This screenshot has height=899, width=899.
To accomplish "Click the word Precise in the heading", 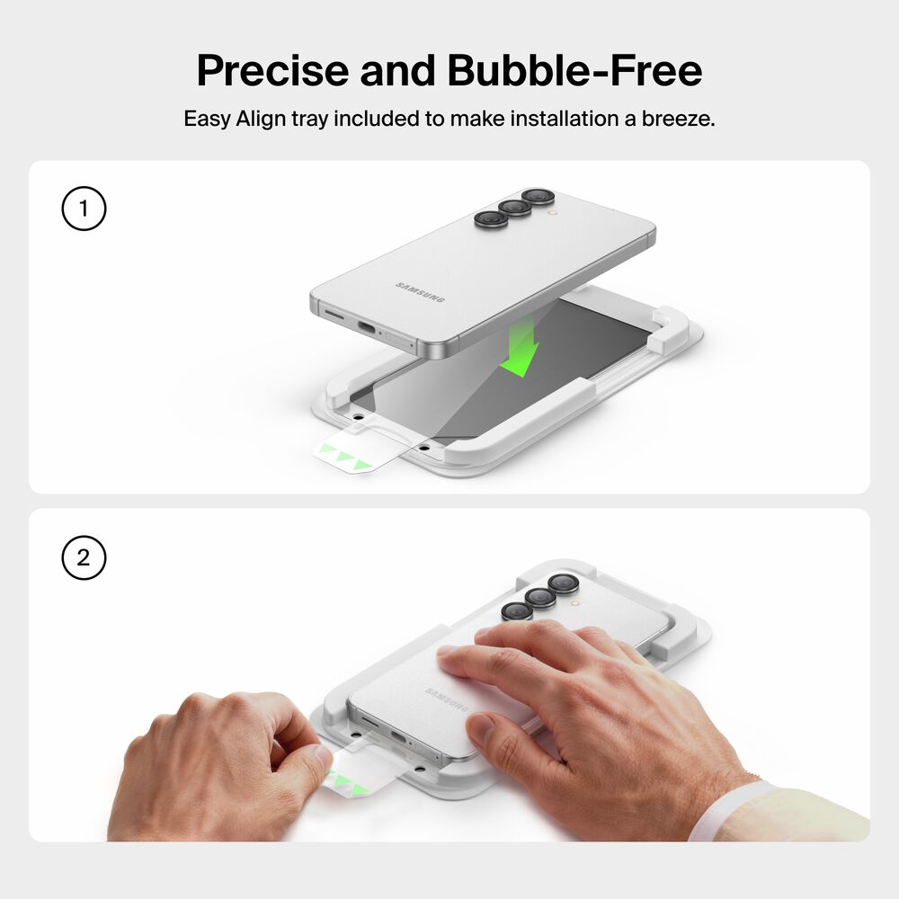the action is pyautogui.click(x=272, y=70).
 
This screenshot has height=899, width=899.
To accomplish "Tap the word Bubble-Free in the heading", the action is pyautogui.click(x=574, y=69).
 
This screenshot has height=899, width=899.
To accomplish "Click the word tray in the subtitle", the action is pyautogui.click(x=309, y=120).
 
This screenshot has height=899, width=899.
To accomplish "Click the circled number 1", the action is pyautogui.click(x=84, y=209).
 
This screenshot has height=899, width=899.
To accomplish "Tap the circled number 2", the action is pyautogui.click(x=84, y=557).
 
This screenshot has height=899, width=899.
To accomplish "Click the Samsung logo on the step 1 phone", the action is pyautogui.click(x=420, y=292).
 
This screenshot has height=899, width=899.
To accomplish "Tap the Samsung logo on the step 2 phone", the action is pyautogui.click(x=447, y=699).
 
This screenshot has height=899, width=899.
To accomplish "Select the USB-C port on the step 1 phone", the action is pyautogui.click(x=367, y=328).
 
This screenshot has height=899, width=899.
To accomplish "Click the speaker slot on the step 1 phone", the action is pyautogui.click(x=334, y=315).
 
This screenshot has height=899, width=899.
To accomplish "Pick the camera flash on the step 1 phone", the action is pyautogui.click(x=552, y=213).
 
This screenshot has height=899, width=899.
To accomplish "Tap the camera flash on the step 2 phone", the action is pyautogui.click(x=575, y=603).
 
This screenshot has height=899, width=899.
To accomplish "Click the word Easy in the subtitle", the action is pyautogui.click(x=207, y=120).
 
